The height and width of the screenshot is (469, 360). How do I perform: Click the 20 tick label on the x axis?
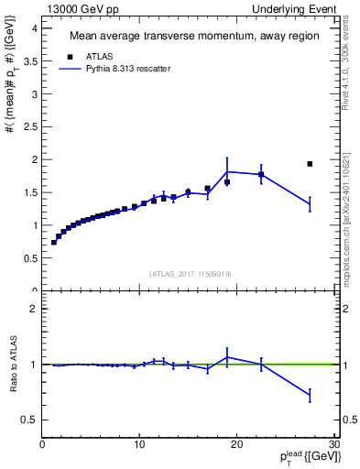coord(236,444)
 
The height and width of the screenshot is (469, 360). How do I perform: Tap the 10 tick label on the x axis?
coord(139,444)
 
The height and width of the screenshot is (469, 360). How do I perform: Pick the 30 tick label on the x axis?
coord(333,444)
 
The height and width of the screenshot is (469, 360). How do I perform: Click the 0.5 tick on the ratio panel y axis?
coord(29,420)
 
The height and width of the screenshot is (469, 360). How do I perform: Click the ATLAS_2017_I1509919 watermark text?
coord(190,273)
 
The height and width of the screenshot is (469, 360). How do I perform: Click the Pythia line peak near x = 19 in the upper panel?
coord(227,171)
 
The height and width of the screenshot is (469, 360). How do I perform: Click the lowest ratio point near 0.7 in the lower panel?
coord(310,395)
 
